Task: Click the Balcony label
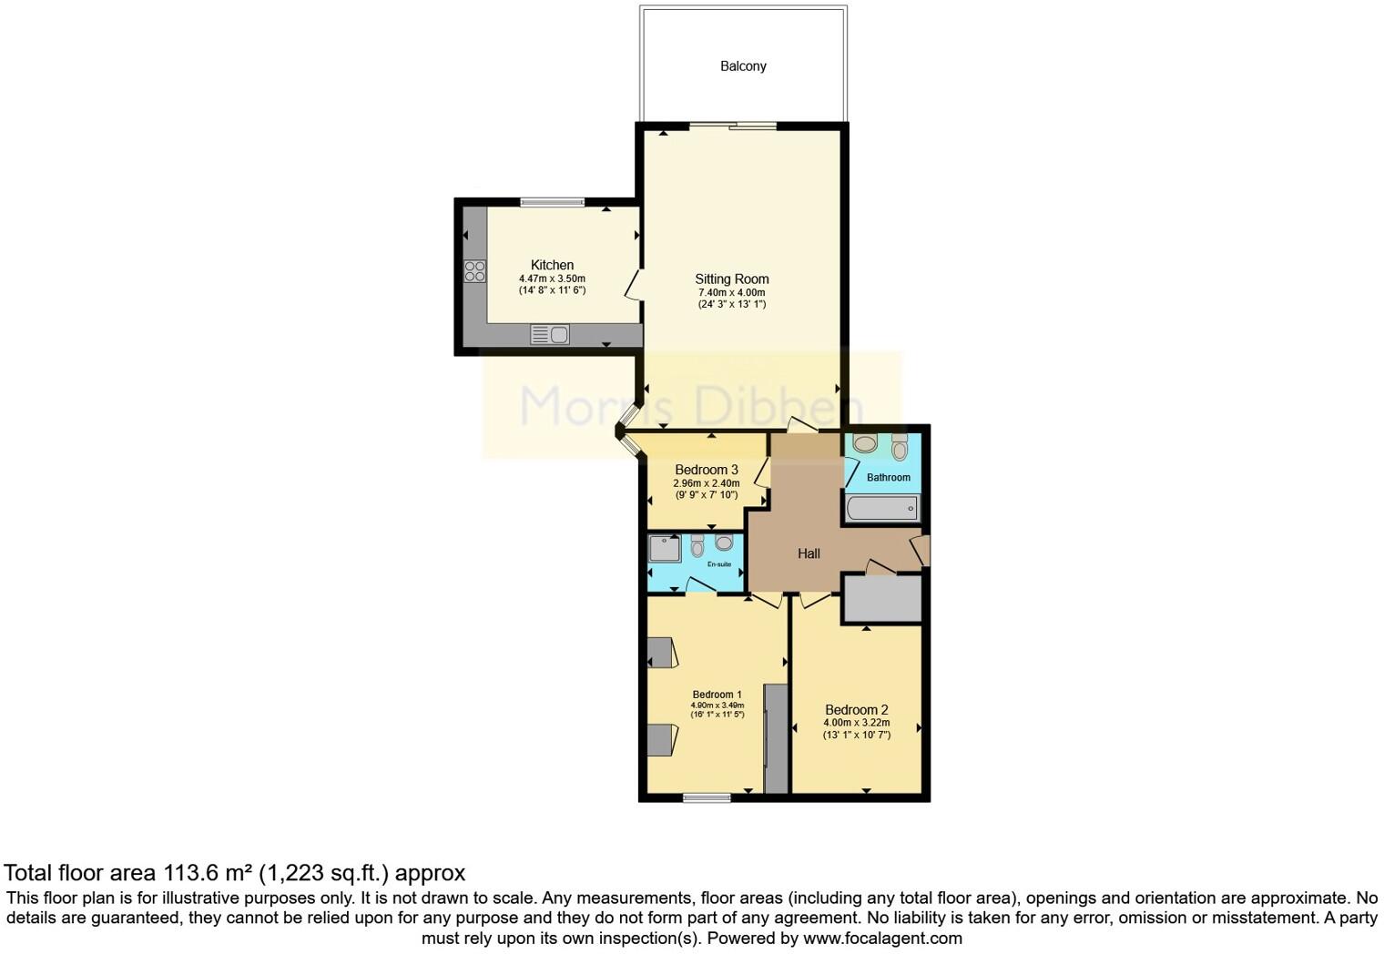click(743, 66)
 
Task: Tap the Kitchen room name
click(552, 265)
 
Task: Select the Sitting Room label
click(731, 279)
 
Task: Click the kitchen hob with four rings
click(474, 270)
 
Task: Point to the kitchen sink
click(550, 335)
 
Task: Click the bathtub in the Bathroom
click(881, 508)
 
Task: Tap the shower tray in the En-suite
click(665, 548)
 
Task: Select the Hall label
click(809, 553)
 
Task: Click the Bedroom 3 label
click(706, 470)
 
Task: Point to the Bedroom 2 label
click(856, 710)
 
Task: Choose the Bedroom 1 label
click(717, 695)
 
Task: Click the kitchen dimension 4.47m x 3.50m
click(552, 279)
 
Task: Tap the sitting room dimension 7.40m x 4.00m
click(731, 292)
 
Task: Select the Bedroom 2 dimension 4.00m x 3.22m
click(856, 723)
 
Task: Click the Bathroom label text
click(888, 477)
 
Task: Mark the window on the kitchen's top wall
click(552, 201)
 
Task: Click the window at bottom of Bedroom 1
click(707, 798)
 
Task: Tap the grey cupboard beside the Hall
click(881, 598)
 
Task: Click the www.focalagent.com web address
click(881, 938)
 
